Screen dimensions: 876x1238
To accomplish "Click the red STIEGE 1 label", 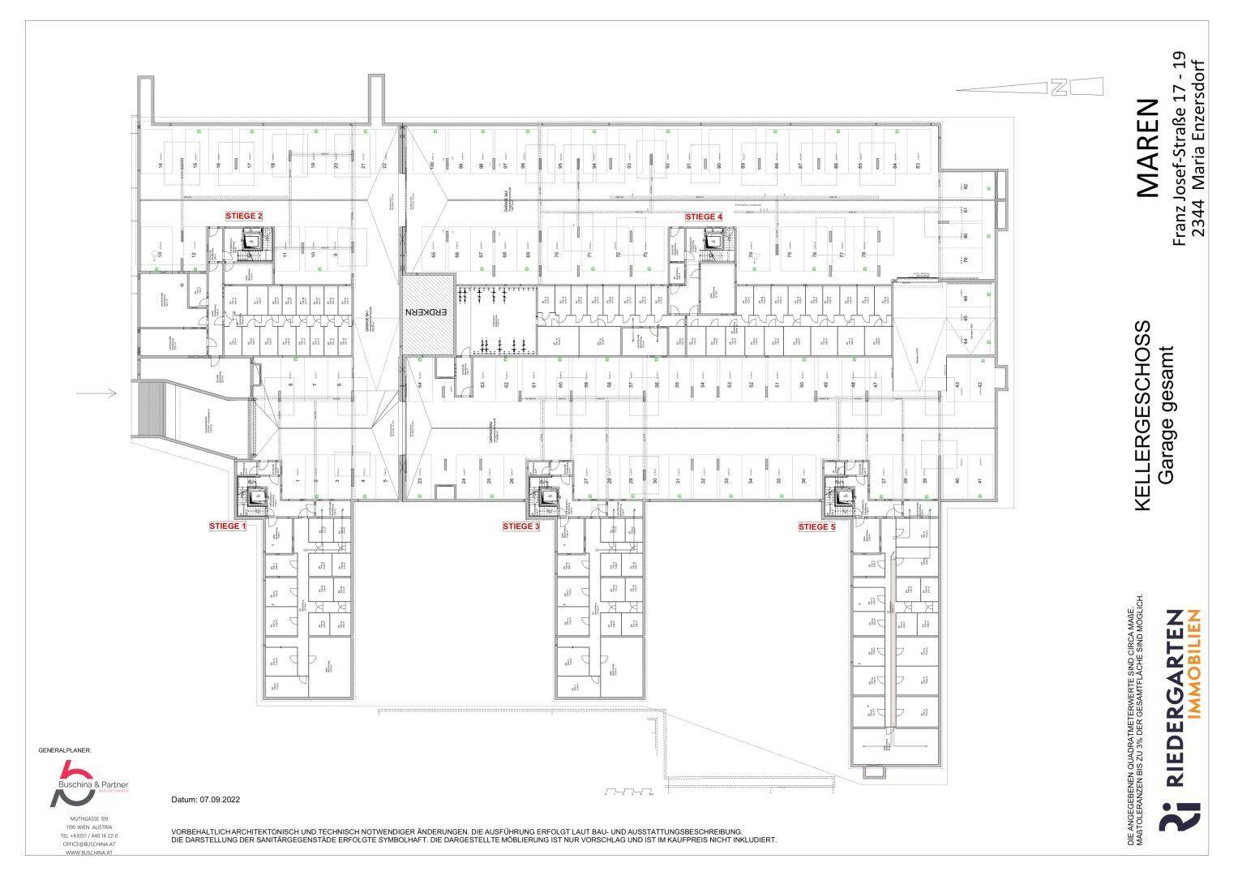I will point(228,526).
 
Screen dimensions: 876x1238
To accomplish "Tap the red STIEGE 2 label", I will point(244,216).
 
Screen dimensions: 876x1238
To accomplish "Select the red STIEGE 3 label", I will point(520,526).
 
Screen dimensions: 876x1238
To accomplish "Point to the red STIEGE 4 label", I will point(703,217).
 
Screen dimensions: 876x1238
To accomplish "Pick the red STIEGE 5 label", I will point(816,526).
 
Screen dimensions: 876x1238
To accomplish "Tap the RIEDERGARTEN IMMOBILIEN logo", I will point(1181,731).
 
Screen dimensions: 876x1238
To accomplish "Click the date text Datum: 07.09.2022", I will point(206,800).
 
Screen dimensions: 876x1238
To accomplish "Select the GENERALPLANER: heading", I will point(66,751).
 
